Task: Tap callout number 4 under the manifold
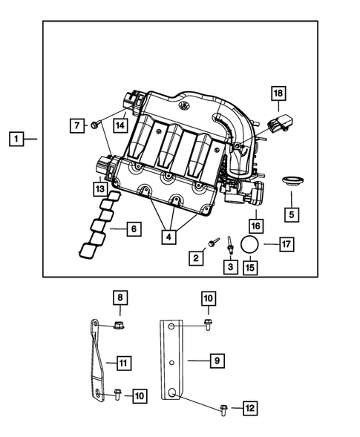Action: coord(170,237)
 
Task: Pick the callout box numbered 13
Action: coord(99,189)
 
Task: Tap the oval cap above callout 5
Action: coord(291,180)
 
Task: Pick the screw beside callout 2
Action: coord(213,242)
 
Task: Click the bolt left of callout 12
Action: coord(225,407)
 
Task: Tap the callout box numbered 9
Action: coord(216,361)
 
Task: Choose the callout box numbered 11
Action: coord(124,363)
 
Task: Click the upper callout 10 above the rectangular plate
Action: coord(209,298)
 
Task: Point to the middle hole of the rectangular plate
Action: coord(171,362)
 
